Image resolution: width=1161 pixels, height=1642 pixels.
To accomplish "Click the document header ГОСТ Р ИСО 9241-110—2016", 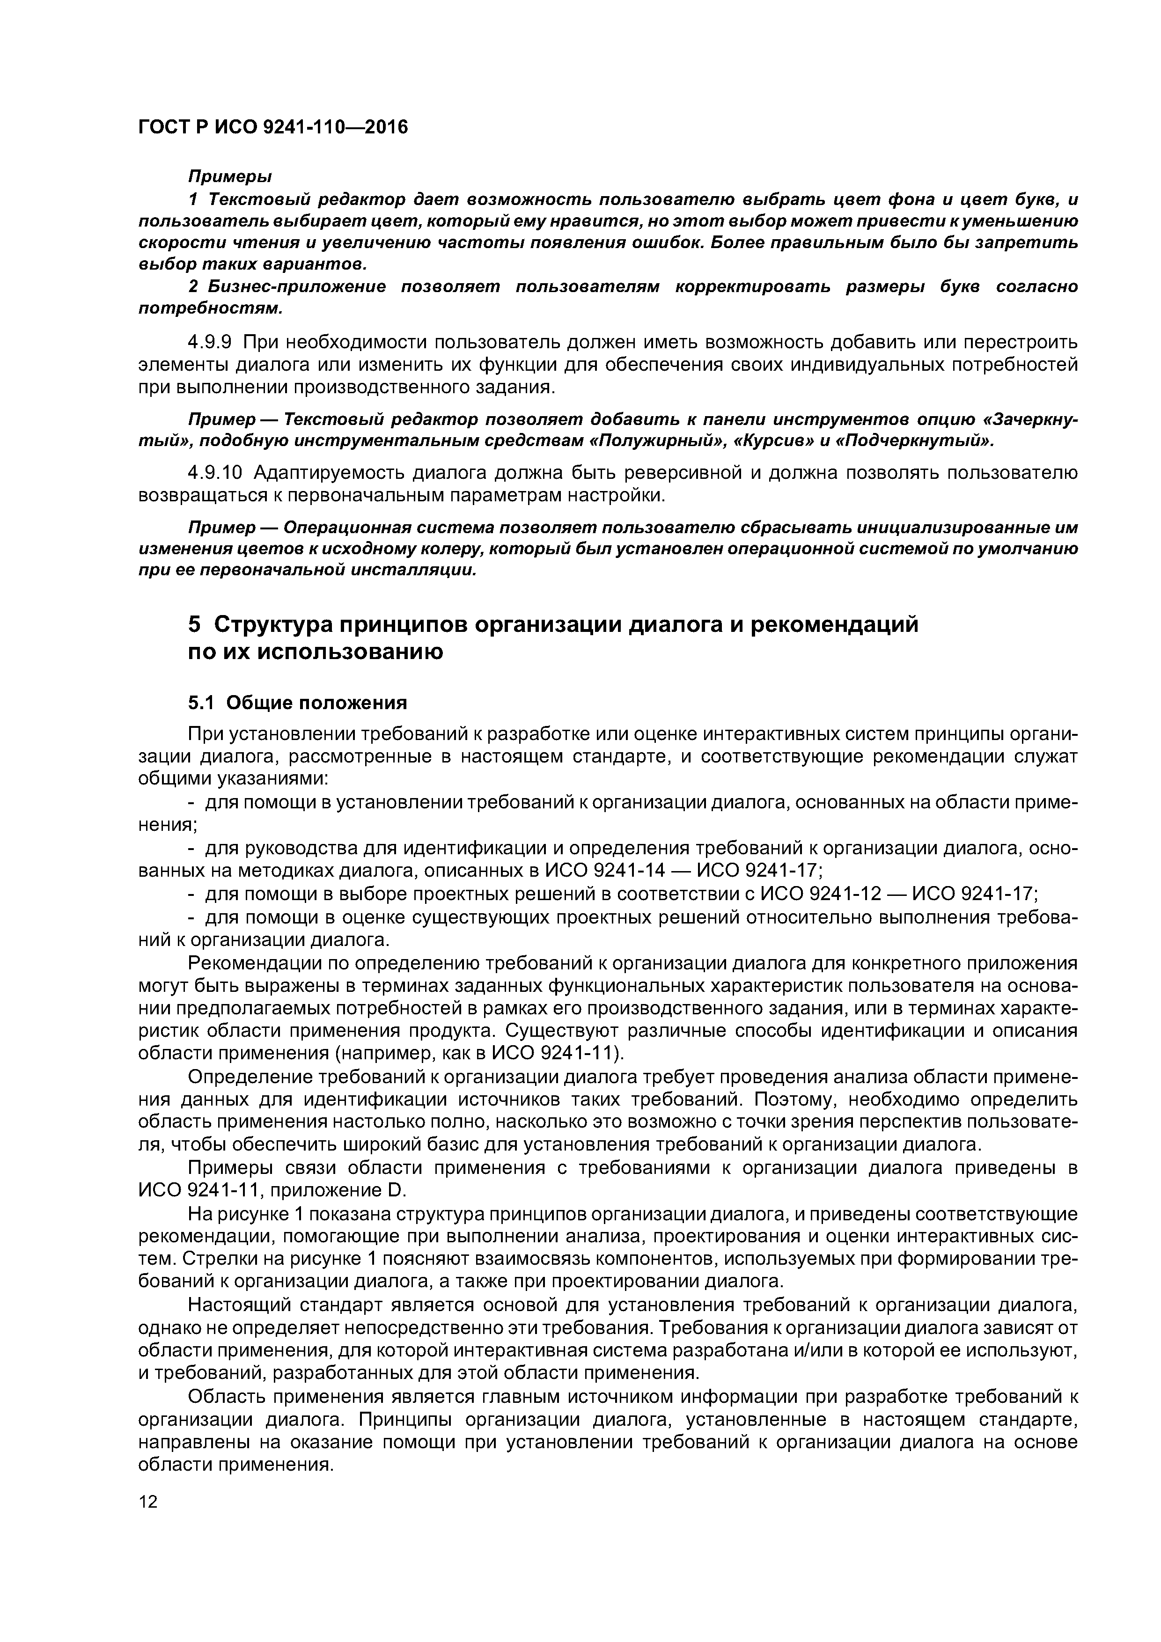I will coord(272,127).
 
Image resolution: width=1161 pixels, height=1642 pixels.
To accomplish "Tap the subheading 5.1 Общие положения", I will coord(297,703).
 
